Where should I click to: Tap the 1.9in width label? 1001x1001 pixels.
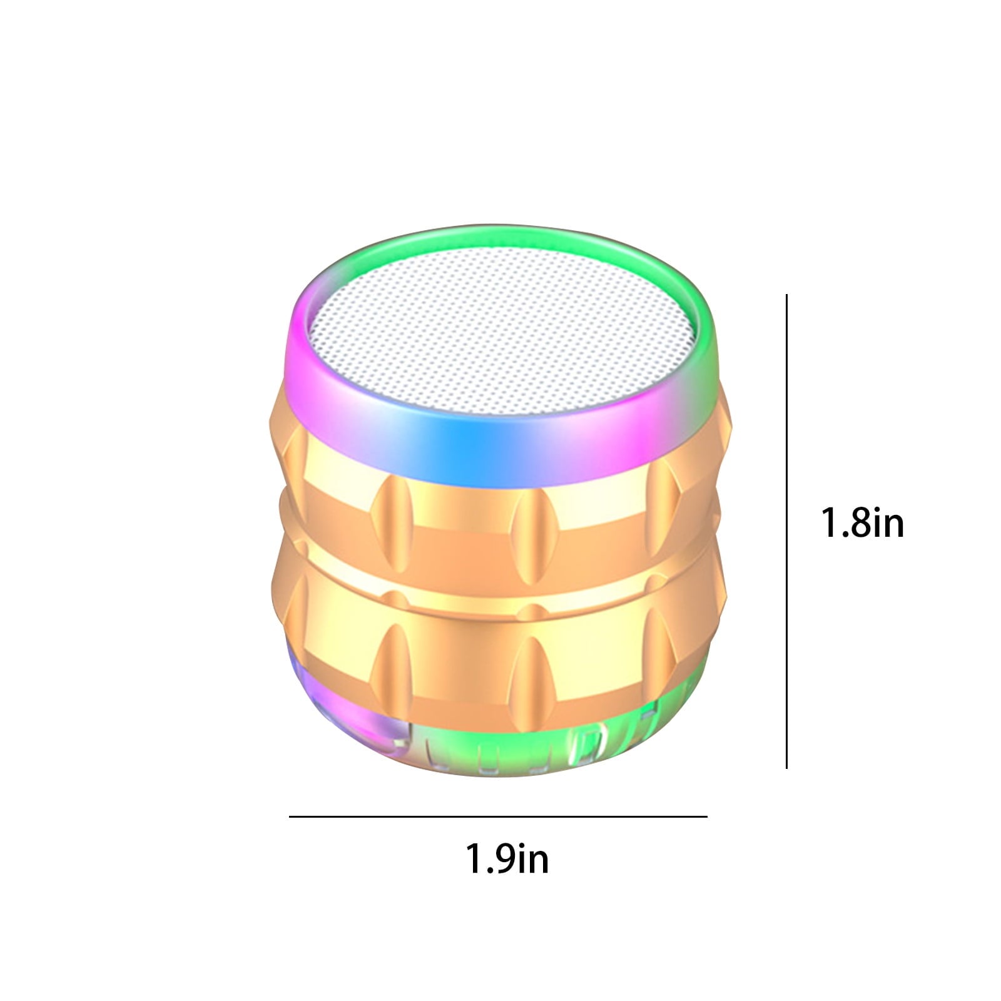507,858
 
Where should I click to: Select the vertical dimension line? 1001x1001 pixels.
786,531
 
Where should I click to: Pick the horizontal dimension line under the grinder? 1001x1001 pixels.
498,816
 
